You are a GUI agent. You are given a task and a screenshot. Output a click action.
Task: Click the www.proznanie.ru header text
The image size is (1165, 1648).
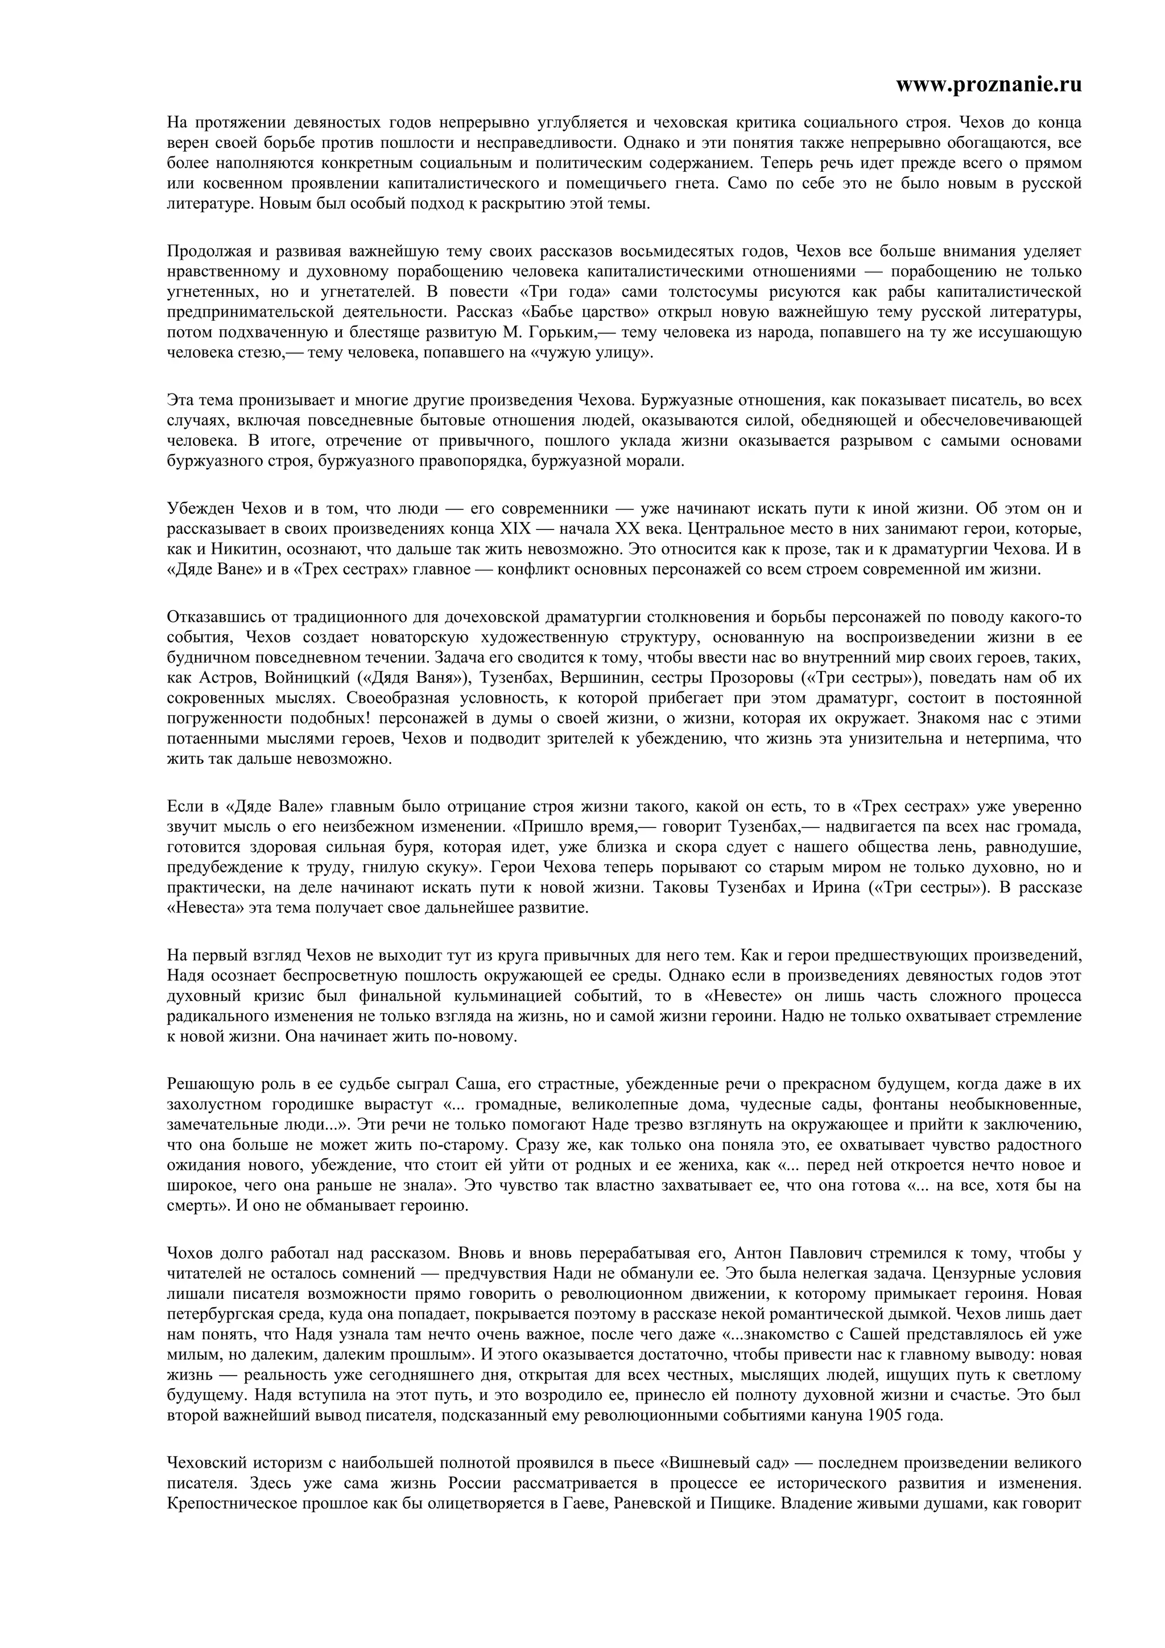click(989, 85)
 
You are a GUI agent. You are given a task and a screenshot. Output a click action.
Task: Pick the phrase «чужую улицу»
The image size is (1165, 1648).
click(592, 353)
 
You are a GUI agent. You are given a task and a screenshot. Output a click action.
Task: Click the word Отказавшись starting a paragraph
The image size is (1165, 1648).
click(213, 616)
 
